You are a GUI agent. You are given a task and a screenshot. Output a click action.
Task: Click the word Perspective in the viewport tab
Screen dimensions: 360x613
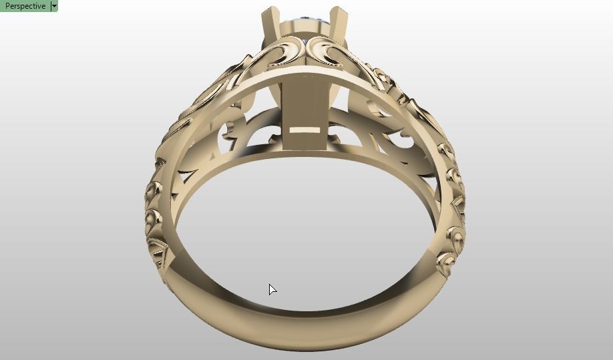25,6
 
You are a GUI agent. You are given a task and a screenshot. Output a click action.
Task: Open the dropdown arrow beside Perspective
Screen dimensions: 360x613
54,6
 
